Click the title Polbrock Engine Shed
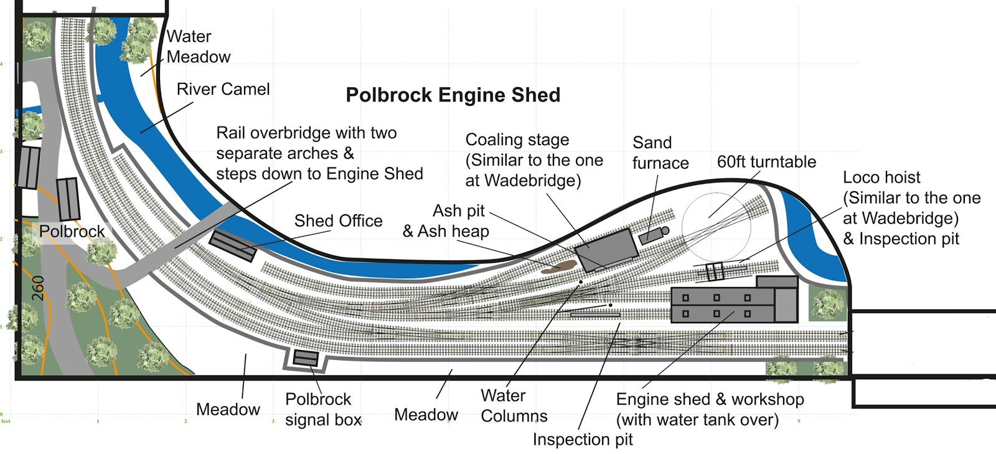(x=453, y=95)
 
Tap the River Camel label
(x=223, y=89)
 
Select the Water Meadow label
(x=198, y=47)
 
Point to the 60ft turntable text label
(x=766, y=162)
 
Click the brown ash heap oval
(x=557, y=268)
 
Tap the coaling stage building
(x=606, y=248)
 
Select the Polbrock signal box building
(x=306, y=358)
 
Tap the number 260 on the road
(x=38, y=288)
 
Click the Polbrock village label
(x=72, y=232)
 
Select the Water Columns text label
(x=514, y=405)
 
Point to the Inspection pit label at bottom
(x=582, y=440)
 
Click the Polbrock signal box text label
(x=322, y=409)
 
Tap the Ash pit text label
(x=459, y=210)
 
